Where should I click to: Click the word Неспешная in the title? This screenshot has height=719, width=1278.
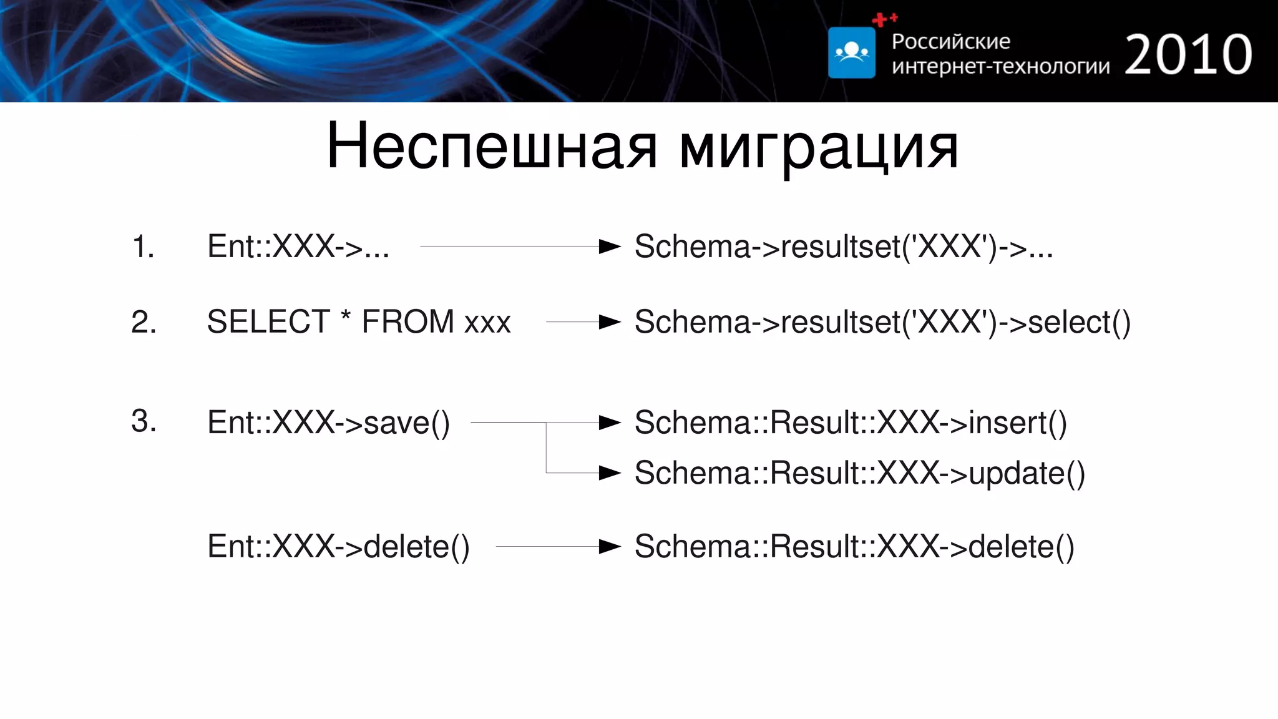[492, 147]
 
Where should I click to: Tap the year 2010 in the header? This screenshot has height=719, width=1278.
[1188, 55]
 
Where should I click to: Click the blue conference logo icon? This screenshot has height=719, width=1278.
[851, 52]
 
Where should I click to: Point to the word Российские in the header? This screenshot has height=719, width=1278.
[950, 41]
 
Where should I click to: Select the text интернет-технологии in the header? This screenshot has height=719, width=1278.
[1000, 66]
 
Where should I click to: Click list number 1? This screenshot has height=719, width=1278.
[143, 247]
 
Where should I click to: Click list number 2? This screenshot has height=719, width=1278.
[144, 322]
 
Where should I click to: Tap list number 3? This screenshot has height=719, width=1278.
[144, 421]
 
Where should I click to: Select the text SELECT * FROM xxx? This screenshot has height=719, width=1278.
[359, 322]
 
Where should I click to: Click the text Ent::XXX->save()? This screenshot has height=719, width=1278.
[328, 423]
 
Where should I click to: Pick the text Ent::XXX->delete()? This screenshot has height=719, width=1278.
[338, 547]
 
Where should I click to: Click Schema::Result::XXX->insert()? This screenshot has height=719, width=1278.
[851, 423]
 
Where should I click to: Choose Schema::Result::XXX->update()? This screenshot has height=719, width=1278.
[860, 473]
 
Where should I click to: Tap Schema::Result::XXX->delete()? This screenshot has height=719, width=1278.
[854, 547]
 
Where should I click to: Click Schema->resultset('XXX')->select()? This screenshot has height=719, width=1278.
[882, 322]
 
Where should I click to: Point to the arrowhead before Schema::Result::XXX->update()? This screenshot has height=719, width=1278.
[609, 473]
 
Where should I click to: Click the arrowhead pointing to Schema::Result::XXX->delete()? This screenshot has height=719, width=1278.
[609, 547]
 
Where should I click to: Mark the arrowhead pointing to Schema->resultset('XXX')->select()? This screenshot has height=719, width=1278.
[609, 322]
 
